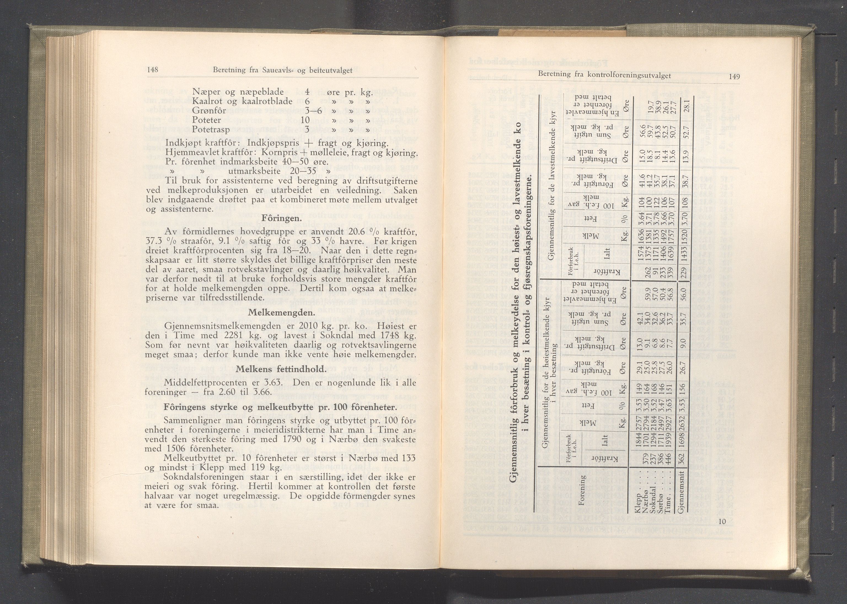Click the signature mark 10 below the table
coord(722,521)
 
